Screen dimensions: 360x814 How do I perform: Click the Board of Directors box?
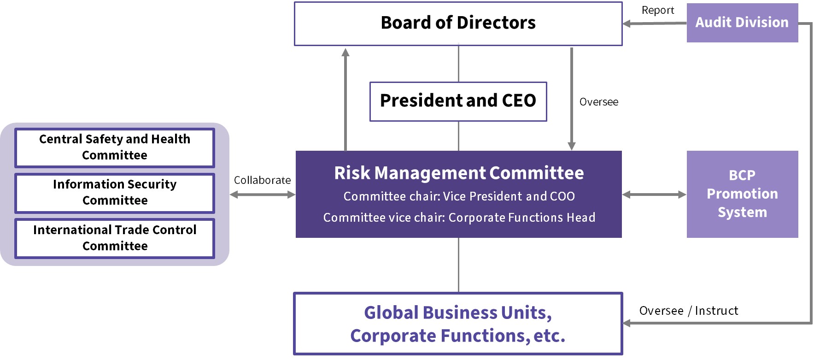pyautogui.click(x=458, y=23)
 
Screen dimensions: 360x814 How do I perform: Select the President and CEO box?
pyautogui.click(x=458, y=101)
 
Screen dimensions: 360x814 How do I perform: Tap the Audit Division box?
pyautogui.click(x=742, y=23)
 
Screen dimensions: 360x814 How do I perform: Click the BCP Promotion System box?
pyautogui.click(x=742, y=194)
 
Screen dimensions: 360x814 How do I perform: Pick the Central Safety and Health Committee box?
pyautogui.click(x=115, y=148)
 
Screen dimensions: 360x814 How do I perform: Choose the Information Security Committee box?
pyautogui.click(x=115, y=193)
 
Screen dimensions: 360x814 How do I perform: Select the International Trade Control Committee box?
pyautogui.click(x=115, y=238)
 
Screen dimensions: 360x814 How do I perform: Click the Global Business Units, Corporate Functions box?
pyautogui.click(x=458, y=324)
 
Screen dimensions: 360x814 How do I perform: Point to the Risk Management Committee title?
pyautogui.click(x=459, y=173)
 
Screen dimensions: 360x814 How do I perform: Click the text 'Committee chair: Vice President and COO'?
pyautogui.click(x=459, y=196)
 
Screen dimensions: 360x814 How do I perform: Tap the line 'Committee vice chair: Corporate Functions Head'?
pyautogui.click(x=459, y=218)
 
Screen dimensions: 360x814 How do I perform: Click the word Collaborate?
pyautogui.click(x=262, y=180)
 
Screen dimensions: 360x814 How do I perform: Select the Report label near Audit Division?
pyautogui.click(x=657, y=11)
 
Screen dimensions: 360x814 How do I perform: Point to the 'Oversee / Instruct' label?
pyautogui.click(x=688, y=311)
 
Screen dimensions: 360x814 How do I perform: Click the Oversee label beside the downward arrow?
pyautogui.click(x=598, y=102)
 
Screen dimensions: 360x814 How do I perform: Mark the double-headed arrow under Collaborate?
pyautogui.click(x=262, y=195)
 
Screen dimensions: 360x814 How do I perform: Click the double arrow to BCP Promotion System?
pyautogui.click(x=654, y=195)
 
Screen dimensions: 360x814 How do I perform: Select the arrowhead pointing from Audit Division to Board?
pyautogui.click(x=627, y=24)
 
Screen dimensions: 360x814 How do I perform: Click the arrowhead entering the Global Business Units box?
pyautogui.click(x=627, y=323)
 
